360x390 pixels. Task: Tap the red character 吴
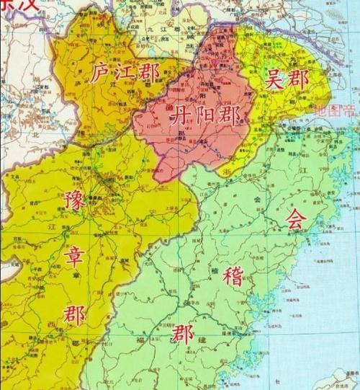click(276, 80)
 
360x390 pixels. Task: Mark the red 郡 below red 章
click(74, 313)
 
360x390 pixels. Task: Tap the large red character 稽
click(233, 275)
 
